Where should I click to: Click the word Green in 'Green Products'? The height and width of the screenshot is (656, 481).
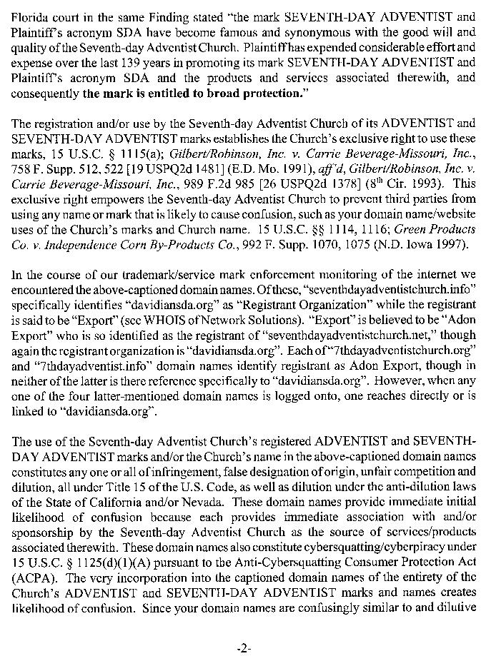[400, 229]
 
